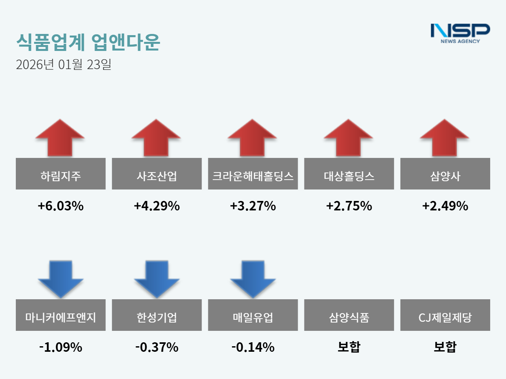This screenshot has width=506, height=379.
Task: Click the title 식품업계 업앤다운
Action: [x=88, y=42]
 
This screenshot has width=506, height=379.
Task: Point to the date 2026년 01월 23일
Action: [x=64, y=64]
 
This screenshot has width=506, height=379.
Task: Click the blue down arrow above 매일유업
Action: [x=253, y=279]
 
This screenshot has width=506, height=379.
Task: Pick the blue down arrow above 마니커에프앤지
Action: [x=60, y=279]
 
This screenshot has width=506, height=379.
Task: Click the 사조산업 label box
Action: [x=157, y=174]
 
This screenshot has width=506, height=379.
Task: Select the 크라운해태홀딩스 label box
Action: [x=253, y=174]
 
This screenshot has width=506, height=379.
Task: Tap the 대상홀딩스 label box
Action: [x=349, y=174]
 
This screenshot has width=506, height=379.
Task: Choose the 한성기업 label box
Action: [x=157, y=315]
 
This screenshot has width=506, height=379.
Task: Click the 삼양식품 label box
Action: [x=349, y=315]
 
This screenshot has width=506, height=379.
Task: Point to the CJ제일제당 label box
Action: [x=445, y=315]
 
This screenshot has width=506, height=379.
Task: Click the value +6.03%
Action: [x=60, y=206]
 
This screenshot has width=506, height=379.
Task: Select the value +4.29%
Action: [x=157, y=206]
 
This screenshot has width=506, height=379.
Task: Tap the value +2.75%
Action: [x=349, y=206]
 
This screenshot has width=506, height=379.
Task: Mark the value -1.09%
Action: [x=60, y=347]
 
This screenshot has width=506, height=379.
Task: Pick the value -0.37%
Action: [x=157, y=347]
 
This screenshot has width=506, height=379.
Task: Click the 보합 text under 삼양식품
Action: [x=349, y=347]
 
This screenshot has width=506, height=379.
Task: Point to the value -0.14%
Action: [x=253, y=347]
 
